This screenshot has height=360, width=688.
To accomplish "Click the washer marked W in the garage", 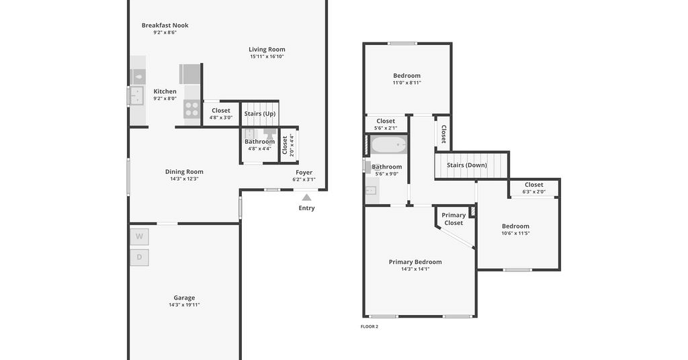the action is (139, 237).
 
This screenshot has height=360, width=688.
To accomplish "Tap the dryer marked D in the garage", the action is (139, 257).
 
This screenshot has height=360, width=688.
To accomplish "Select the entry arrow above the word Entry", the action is (306, 197).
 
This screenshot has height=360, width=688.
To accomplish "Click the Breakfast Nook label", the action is (165, 26).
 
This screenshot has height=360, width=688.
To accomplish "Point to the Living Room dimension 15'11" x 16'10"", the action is (267, 56).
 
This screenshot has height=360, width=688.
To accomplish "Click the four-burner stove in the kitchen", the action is (191, 109).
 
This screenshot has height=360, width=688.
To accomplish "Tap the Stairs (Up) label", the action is (260, 114).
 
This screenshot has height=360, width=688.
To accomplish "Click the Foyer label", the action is (304, 173).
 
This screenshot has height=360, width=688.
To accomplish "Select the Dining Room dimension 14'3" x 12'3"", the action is (184, 179).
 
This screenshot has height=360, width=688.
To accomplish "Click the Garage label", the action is (184, 298).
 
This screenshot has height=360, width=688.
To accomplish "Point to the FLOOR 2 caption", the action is (370, 326).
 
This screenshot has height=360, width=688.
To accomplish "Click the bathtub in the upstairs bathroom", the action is (389, 144).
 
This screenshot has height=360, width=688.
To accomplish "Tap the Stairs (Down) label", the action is (467, 165).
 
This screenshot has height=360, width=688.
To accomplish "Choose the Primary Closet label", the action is (454, 219).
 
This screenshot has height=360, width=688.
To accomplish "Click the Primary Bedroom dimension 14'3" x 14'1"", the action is (415, 269).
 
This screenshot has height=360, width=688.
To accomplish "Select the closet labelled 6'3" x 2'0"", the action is (533, 188).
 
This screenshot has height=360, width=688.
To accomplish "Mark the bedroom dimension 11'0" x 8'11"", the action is (406, 83).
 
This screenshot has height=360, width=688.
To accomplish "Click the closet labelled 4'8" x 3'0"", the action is (220, 114).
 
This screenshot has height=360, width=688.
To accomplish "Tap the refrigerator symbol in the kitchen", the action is (190, 74).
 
